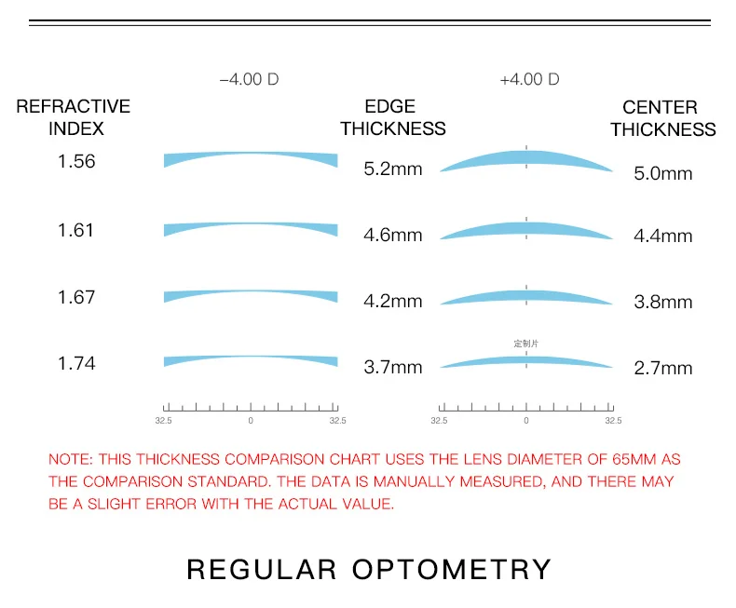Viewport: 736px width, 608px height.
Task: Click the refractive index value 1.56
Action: point(76,161)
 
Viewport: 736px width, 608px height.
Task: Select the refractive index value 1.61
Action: point(76,230)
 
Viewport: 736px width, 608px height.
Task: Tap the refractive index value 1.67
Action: point(76,297)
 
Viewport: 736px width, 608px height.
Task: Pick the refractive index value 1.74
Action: point(76,363)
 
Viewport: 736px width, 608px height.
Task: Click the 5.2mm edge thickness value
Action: point(392,169)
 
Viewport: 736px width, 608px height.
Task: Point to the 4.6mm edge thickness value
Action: point(392,236)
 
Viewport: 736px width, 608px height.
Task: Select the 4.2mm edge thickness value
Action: point(392,302)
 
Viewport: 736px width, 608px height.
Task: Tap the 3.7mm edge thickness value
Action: point(392,368)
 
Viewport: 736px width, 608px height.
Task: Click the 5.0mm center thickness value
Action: point(663,173)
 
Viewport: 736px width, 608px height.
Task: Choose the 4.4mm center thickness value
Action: point(663,236)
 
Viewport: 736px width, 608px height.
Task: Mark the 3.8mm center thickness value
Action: point(663,303)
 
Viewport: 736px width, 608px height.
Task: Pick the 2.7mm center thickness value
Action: point(663,369)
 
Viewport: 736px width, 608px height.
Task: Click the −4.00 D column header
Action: point(249,79)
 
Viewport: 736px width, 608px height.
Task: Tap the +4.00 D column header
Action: point(529,79)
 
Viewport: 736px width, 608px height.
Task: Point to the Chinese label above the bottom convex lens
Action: point(526,344)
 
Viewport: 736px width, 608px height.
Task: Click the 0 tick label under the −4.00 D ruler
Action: point(251,422)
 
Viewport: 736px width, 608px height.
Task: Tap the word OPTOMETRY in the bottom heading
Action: point(452,569)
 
